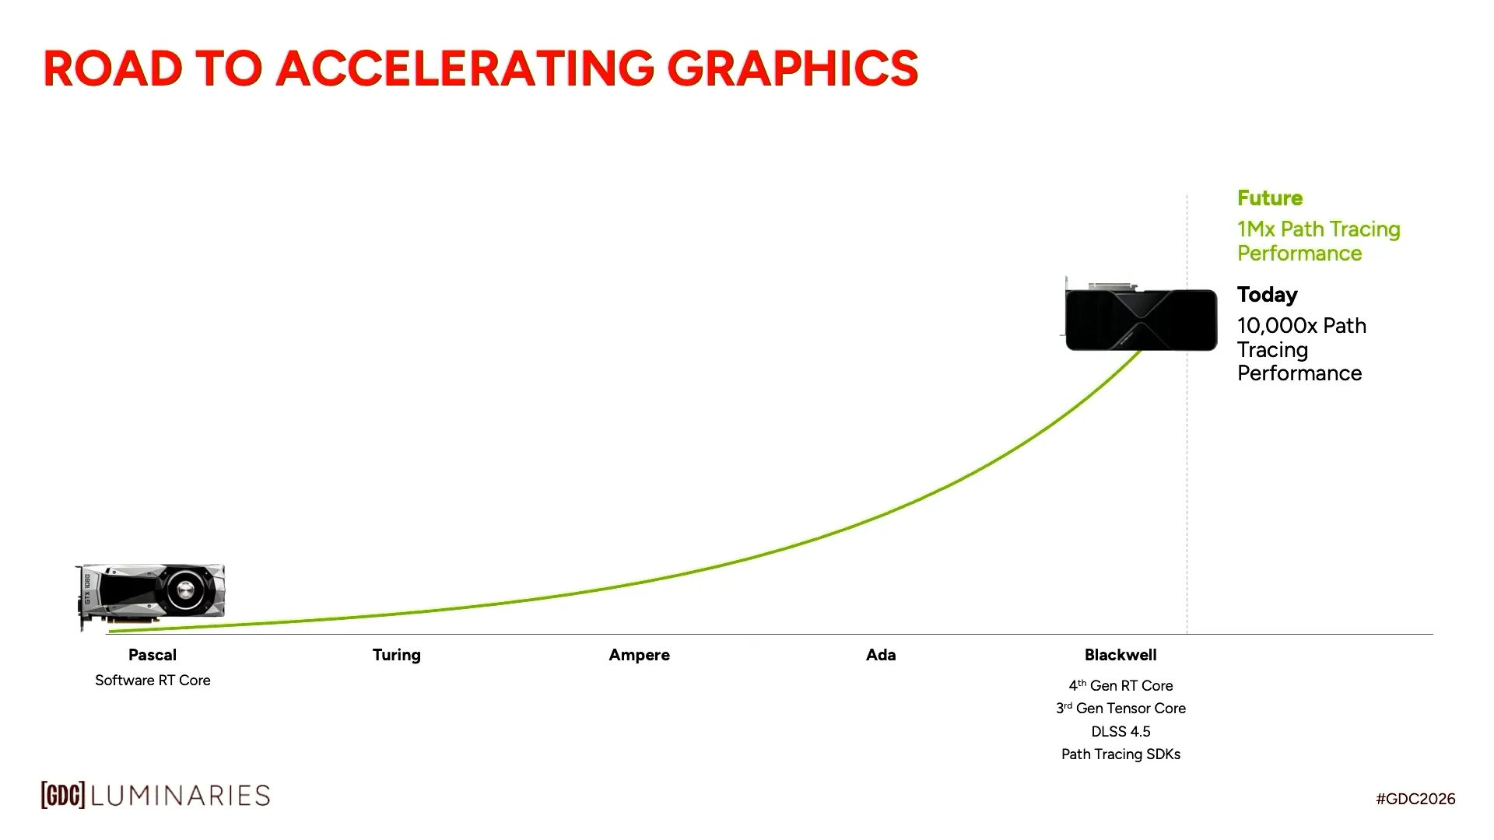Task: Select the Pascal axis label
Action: pos(153,655)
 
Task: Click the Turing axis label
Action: pos(397,655)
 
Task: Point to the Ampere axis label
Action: pos(639,655)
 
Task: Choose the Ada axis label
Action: pos(881,655)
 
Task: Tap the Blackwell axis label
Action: pos(1120,655)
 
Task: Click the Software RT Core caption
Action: pos(153,681)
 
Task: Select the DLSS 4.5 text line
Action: pos(1120,731)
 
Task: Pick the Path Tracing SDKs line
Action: pos(1120,754)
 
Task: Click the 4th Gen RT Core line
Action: pos(1120,685)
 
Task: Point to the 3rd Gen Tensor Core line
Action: pos(1120,709)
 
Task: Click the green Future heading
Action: pos(1270,198)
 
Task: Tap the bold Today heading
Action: pos(1268,295)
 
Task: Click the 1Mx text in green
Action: pos(1256,229)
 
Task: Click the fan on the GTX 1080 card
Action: pos(186,590)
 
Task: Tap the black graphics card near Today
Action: pos(1141,319)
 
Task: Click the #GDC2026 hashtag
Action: pos(1415,799)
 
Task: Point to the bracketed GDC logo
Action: pos(63,795)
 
